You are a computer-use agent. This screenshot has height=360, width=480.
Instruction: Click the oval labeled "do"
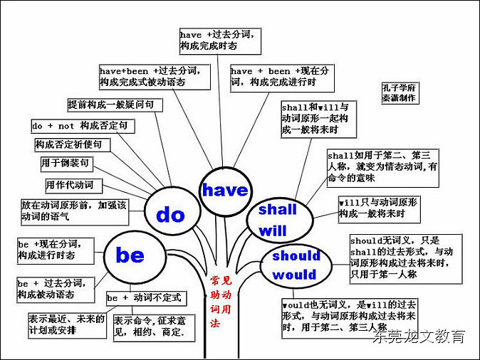[x=170, y=214]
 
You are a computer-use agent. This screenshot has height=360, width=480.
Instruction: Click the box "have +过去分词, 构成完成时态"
[x=220, y=40]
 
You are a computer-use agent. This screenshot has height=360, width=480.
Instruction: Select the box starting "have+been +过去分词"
[x=155, y=76]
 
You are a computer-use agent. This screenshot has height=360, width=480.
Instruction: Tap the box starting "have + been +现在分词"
[x=281, y=76]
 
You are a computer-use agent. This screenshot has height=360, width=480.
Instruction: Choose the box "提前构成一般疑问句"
[x=115, y=105]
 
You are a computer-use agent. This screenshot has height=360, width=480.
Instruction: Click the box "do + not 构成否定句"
[x=83, y=126]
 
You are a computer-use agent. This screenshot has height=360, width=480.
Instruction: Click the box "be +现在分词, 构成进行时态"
[x=54, y=249]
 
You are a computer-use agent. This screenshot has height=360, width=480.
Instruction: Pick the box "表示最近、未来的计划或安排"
[x=67, y=324]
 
